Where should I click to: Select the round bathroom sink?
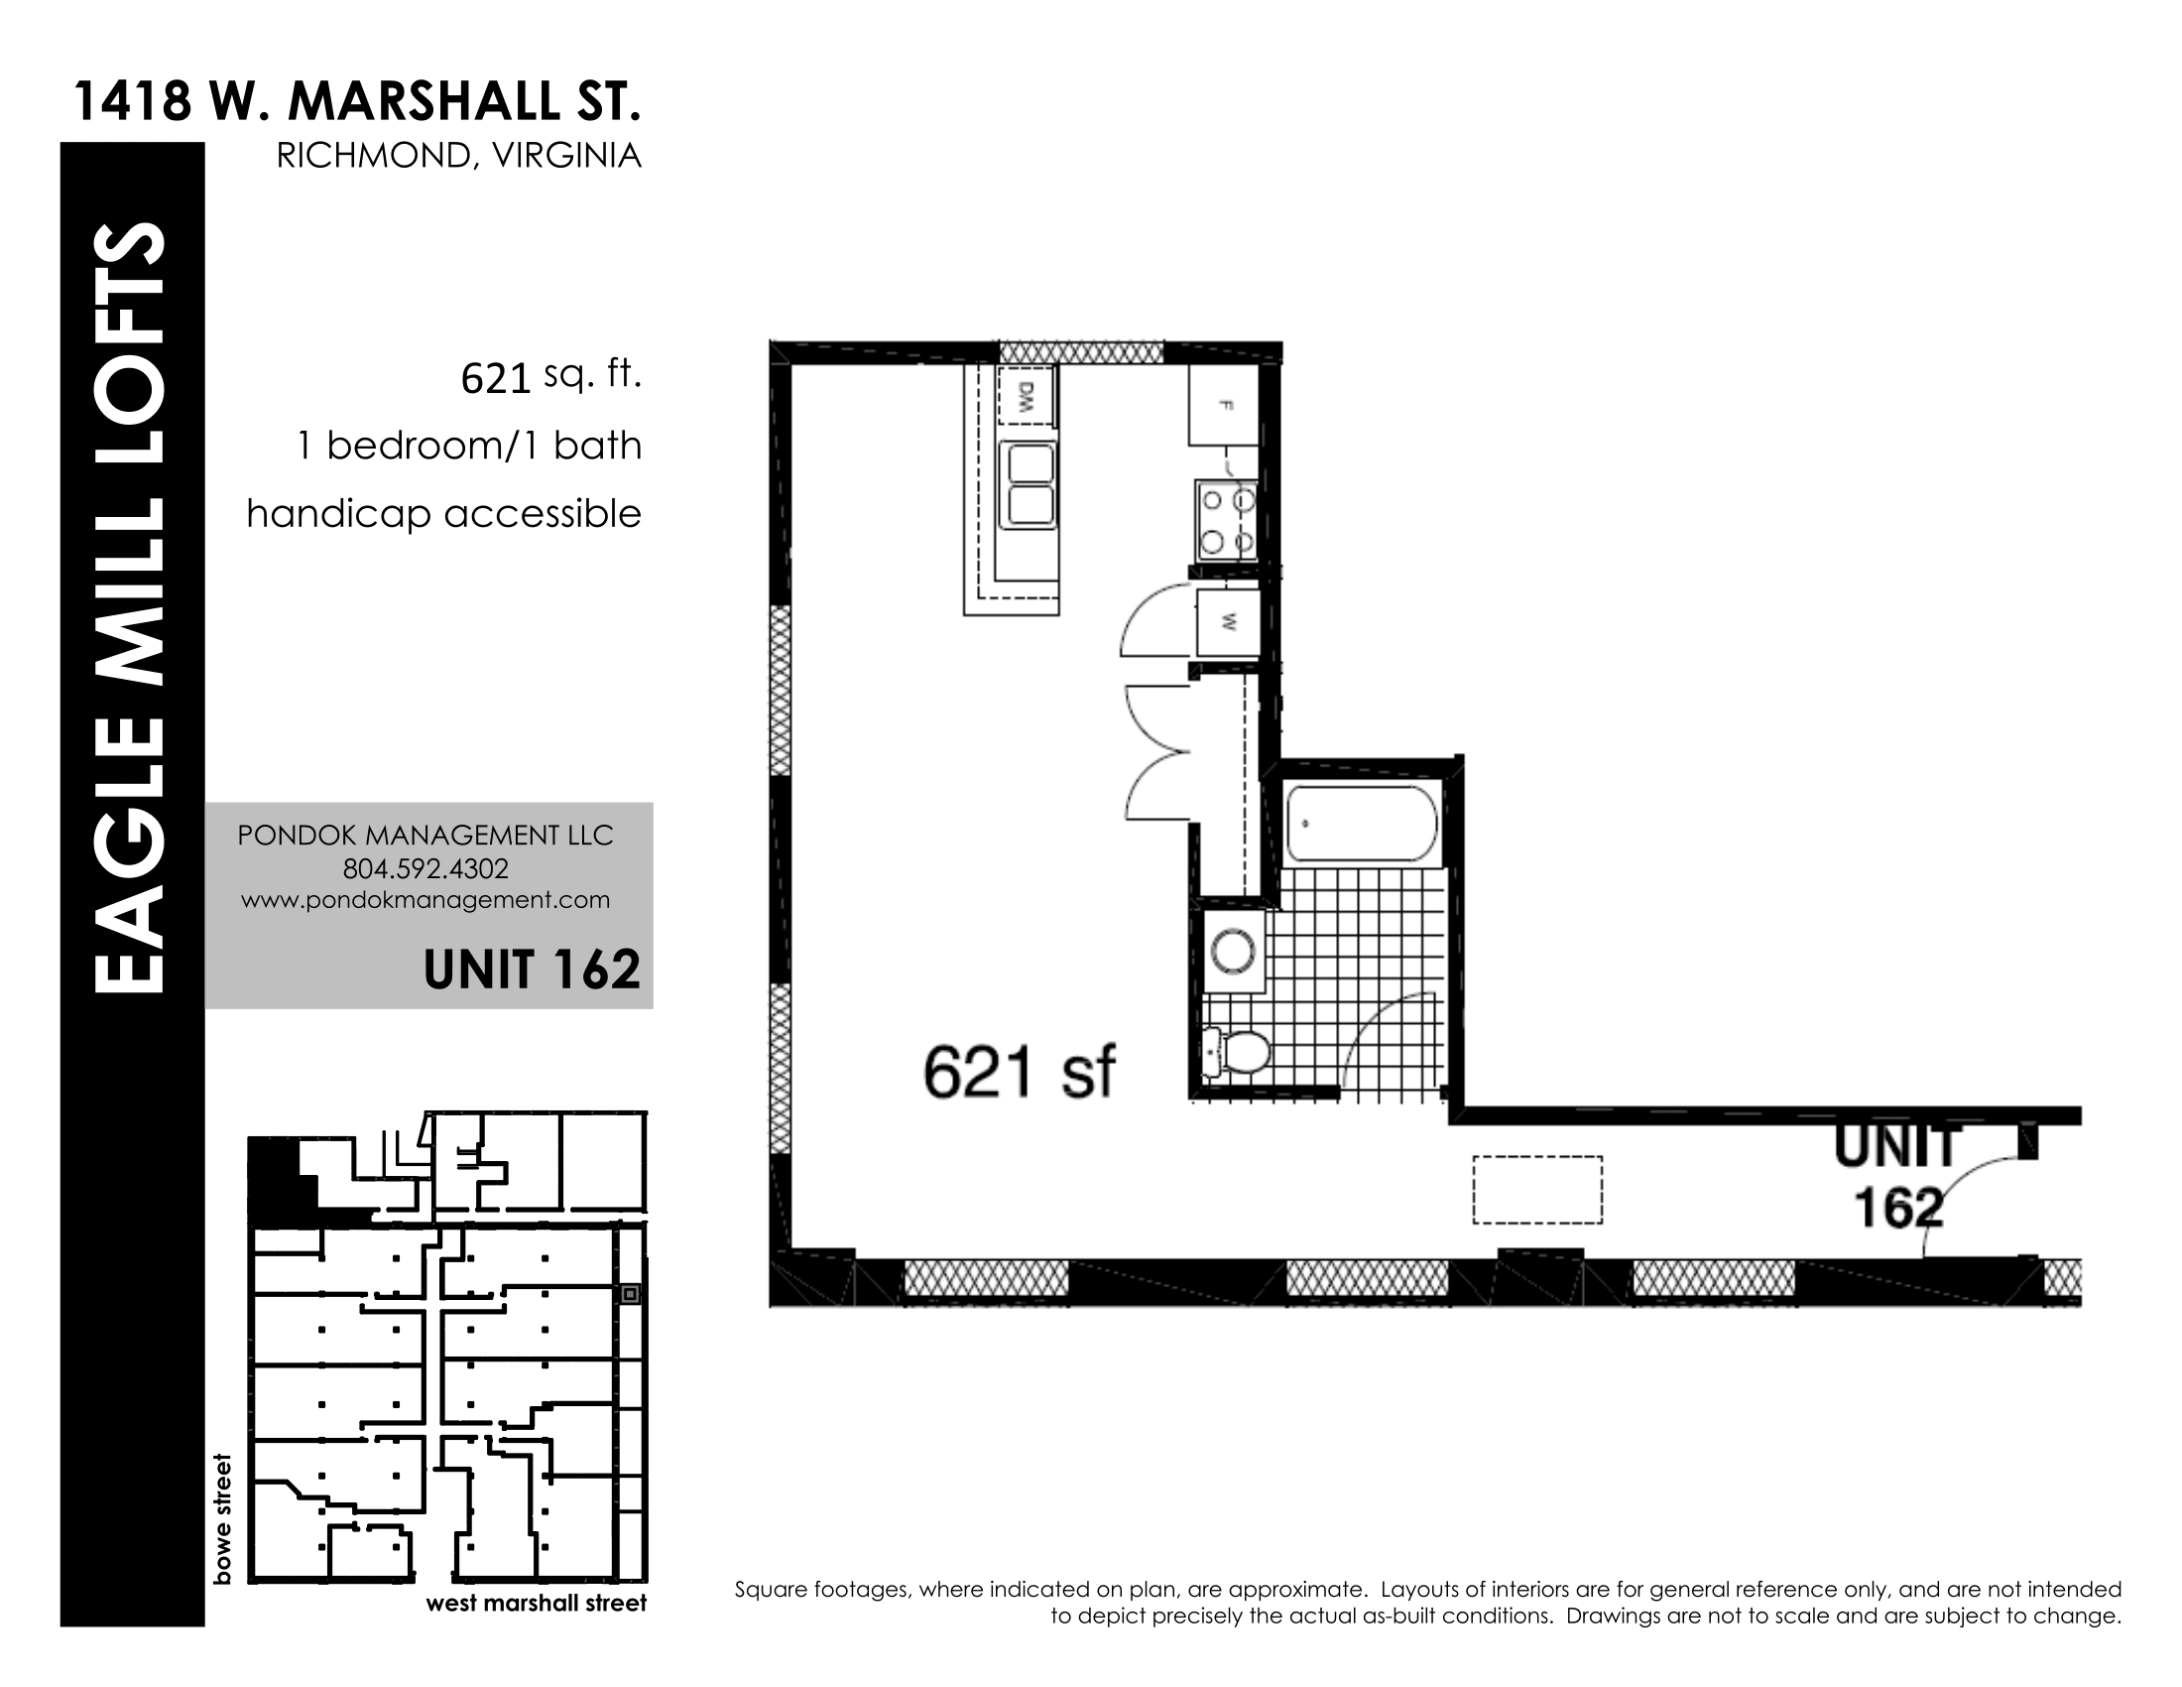coord(1233,951)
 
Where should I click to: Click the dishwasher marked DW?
coord(1027,397)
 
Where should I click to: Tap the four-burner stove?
coord(1227,520)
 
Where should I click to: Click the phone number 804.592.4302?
coord(425,868)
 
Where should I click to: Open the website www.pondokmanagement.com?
coord(425,899)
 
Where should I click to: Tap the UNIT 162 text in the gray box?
coord(532,970)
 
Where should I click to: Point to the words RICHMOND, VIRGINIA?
coord(458,156)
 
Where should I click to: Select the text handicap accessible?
coord(443,514)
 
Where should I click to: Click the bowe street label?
coord(222,1518)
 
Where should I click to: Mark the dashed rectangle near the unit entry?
coord(1537,1190)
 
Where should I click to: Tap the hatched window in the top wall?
coord(1082,352)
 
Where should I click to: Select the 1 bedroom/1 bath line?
coord(469,446)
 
